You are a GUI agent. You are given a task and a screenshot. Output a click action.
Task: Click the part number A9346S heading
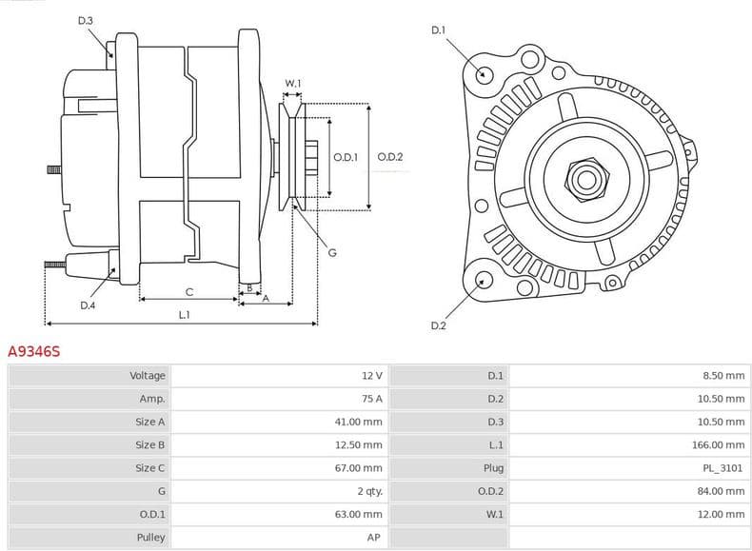pyautogui.click(x=34, y=352)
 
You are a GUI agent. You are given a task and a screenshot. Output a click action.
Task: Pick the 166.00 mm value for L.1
pyautogui.click(x=723, y=444)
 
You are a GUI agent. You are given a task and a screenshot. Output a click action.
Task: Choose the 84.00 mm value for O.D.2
pyautogui.click(x=723, y=491)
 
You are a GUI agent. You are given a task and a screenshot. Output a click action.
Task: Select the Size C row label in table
pyautogui.click(x=148, y=468)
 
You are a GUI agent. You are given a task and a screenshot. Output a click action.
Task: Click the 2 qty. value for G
pyautogui.click(x=368, y=491)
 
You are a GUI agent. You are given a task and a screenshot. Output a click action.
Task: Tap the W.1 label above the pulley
pyautogui.click(x=293, y=84)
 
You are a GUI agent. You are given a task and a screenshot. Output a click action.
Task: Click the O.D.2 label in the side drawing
pyautogui.click(x=390, y=157)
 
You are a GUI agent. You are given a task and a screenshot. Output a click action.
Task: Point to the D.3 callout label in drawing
pyautogui.click(x=86, y=20)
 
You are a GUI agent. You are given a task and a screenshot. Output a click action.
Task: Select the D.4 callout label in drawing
pyautogui.click(x=88, y=305)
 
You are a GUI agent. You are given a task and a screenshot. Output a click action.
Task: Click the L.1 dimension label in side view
pyautogui.click(x=184, y=314)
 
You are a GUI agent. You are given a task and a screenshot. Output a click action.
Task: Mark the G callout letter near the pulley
pyautogui.click(x=332, y=252)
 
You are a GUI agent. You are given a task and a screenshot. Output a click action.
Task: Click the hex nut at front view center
pyautogui.click(x=584, y=177)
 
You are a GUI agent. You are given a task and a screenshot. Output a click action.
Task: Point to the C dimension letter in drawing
pyautogui.click(x=189, y=291)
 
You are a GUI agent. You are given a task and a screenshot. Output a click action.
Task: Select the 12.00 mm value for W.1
pyautogui.click(x=723, y=515)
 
